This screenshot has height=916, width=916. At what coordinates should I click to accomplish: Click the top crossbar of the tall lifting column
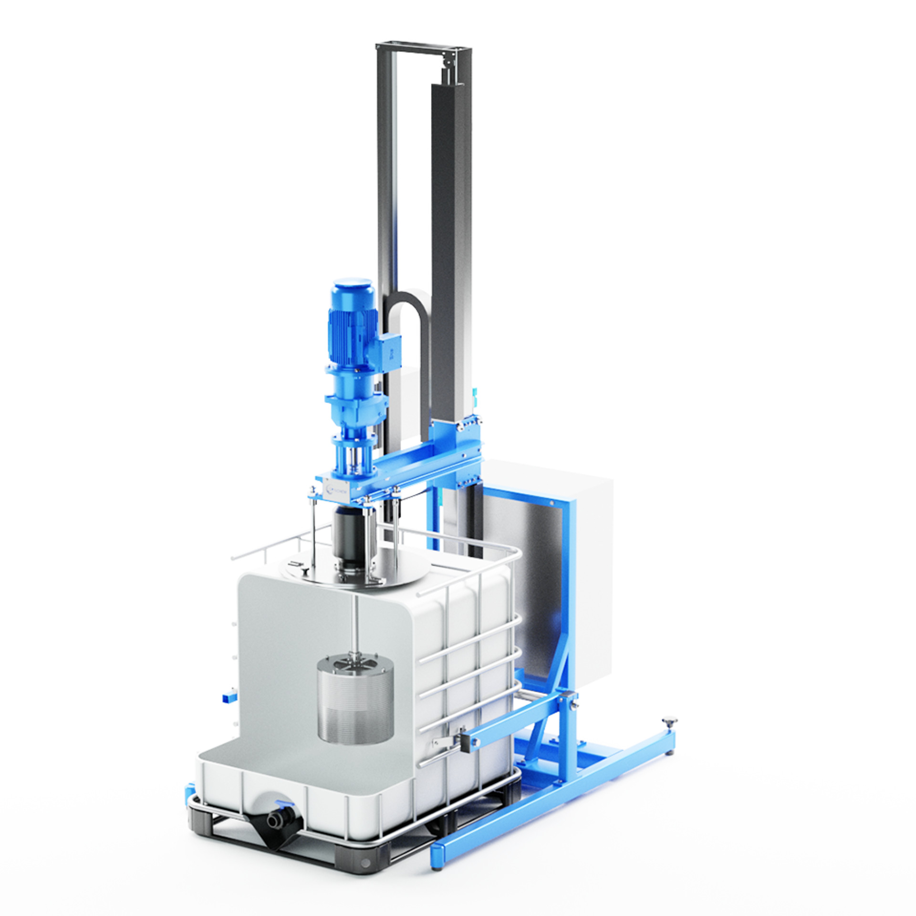[423, 49]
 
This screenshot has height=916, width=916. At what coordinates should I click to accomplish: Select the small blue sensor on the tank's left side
[229, 697]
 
